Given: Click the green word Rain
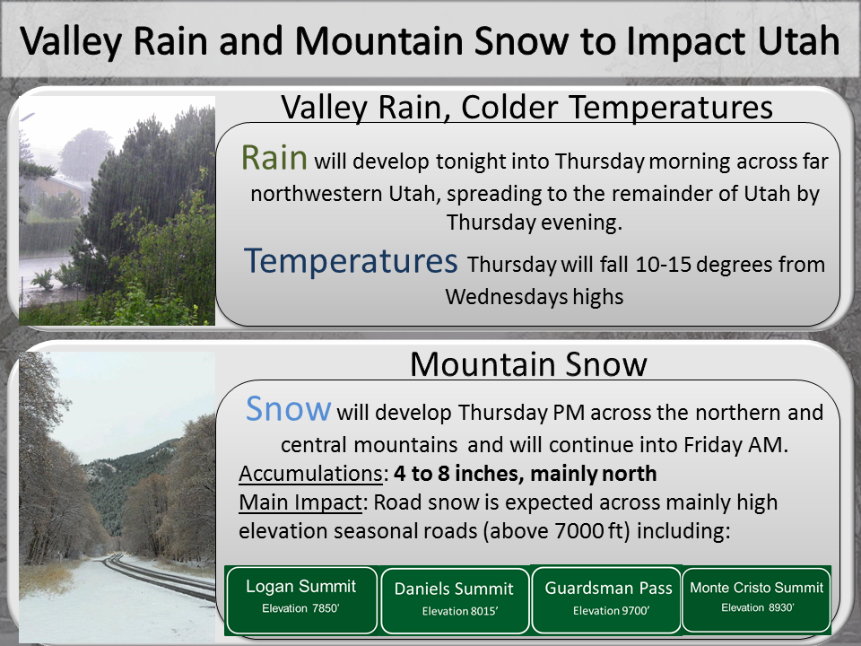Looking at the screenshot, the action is coord(274,158).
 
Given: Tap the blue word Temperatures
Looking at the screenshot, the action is coord(351,260).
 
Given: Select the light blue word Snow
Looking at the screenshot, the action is coord(288,409).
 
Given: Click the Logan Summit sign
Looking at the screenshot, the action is coord(301,600).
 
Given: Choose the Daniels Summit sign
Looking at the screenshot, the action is coord(455,600).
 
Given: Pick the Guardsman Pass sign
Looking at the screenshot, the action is coord(607,600).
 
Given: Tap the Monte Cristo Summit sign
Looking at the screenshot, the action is coord(756,599).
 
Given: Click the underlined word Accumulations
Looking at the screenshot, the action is coord(311,474).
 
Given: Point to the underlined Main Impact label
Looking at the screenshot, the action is coord(300,502).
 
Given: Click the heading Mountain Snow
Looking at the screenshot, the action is coord(528,363).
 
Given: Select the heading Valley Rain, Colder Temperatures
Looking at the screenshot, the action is coord(526,107).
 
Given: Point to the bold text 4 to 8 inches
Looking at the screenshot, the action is coord(457,474).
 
